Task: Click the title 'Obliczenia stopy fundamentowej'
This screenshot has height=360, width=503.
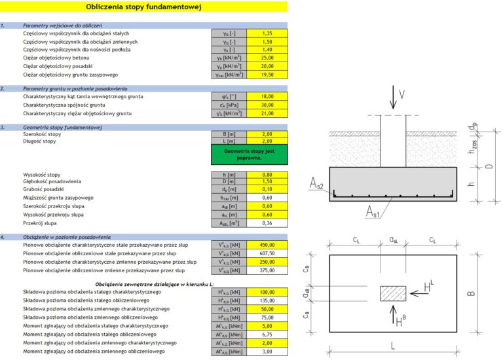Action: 144,7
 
